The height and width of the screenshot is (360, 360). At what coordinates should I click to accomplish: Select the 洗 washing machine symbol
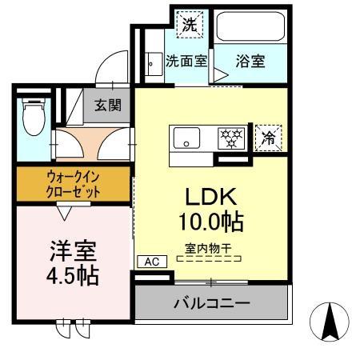[189, 24]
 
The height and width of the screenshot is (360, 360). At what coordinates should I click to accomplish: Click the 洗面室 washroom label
[186, 61]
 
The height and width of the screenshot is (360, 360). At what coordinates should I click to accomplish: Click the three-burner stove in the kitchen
[232, 138]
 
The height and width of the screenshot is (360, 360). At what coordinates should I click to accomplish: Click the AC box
[152, 261]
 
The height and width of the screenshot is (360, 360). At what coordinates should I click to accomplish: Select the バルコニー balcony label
[211, 304]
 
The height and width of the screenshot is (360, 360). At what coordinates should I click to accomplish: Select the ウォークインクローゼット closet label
[72, 185]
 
